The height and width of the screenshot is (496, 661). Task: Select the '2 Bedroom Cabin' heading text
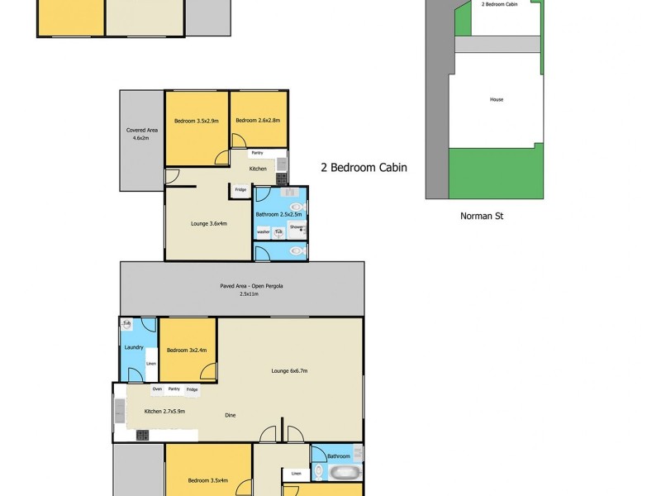364,167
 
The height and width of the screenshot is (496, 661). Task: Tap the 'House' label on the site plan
497,100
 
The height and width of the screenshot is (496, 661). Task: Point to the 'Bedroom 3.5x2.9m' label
196,122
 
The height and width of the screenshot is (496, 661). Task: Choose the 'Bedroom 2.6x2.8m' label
258,122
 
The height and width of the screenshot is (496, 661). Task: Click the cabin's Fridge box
240,190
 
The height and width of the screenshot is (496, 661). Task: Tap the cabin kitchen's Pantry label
257,153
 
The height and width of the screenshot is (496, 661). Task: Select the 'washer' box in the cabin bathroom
264,232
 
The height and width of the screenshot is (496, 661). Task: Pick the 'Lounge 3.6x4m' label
209,223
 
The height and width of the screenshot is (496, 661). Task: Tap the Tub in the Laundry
127,323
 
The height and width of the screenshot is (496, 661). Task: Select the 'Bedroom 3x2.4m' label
187,351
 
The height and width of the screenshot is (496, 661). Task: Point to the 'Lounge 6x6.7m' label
289,371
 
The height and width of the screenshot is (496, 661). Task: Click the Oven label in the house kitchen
157,389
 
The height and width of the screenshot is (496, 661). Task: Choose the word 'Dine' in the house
230,414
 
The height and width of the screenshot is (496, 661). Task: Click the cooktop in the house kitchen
142,435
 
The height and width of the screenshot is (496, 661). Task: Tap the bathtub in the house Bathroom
344,474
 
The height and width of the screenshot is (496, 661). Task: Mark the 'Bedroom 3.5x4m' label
207,480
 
